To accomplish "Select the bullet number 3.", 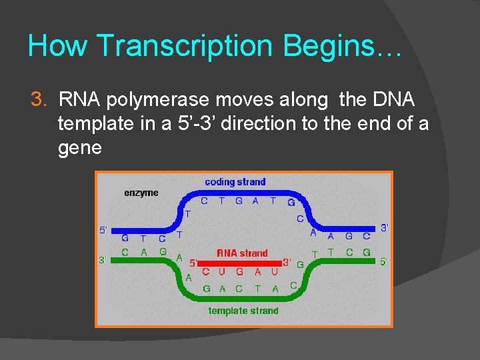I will point(39,100).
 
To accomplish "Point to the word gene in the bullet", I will point(80,147).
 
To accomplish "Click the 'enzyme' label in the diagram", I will point(141,193).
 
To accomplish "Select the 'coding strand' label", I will point(235,181).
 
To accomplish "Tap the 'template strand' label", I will point(243,311).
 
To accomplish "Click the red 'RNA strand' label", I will point(242,253).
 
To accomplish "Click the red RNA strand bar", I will point(240,263).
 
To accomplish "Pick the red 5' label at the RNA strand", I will point(194,263).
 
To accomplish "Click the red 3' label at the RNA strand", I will point(287,262).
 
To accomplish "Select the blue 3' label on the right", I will point(385,228).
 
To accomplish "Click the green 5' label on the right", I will point(385,262).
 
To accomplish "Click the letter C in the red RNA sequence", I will point(206,272).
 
